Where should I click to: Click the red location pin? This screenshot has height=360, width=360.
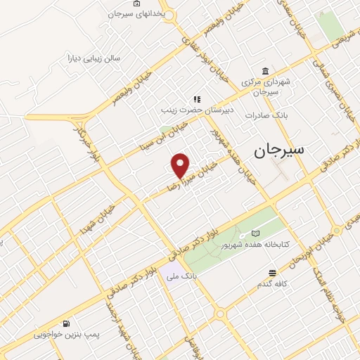click(181, 165)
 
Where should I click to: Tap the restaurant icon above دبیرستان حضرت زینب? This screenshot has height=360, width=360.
click(198, 99)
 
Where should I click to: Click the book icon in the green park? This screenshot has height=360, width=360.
click(255, 233)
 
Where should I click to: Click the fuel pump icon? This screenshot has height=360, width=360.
click(65, 324)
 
